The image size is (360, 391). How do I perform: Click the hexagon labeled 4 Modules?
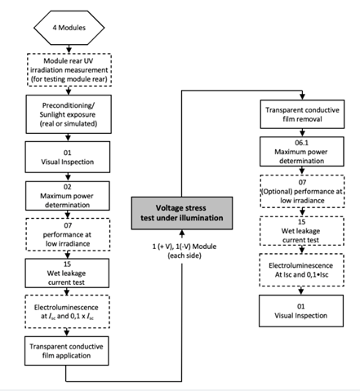coord(69,28)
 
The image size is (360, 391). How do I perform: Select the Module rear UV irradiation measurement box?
coord(69,70)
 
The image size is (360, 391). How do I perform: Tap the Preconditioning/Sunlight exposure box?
coord(69,114)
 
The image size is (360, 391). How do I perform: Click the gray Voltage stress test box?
coord(182,213)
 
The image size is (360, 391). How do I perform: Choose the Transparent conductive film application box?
coord(67,351)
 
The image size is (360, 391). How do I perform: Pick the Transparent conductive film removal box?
coord(302,114)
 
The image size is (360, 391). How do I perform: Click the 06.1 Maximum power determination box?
coord(302,152)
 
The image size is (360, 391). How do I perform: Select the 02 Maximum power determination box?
coord(68,196)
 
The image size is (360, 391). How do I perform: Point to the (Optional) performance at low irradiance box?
coord(302,192)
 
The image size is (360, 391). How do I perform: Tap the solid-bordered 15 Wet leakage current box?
coord(67,273)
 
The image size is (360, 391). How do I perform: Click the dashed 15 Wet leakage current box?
coord(302,231)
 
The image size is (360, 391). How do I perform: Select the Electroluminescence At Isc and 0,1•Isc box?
coord(302,270)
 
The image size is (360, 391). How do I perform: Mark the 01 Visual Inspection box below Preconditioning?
coord(68,157)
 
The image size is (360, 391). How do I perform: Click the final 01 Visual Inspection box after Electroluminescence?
coord(301,311)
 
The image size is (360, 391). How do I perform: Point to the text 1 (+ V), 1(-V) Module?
coord(184,247)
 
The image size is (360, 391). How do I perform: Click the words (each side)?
coord(184,255)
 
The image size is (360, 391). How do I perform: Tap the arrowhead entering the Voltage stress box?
coord(182,233)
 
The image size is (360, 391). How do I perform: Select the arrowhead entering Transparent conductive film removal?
coord(302,97)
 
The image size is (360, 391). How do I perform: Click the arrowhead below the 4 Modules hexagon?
coord(69,51)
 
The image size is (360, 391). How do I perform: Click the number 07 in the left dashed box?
coord(68,225)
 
